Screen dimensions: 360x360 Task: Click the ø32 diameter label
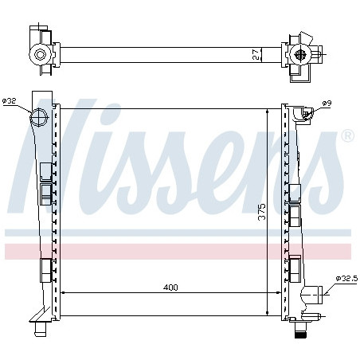[10, 101]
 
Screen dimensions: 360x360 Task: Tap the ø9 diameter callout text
[327, 104]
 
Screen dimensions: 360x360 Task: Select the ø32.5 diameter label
[346, 279]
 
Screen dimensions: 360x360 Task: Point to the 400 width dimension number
[170, 288]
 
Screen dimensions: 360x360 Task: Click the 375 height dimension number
[262, 212]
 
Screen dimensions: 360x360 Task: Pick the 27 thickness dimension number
[256, 55]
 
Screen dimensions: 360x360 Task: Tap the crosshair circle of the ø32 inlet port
[39, 117]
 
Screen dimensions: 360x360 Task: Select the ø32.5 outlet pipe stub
[312, 294]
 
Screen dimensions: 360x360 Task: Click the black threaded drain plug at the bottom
[301, 334]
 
